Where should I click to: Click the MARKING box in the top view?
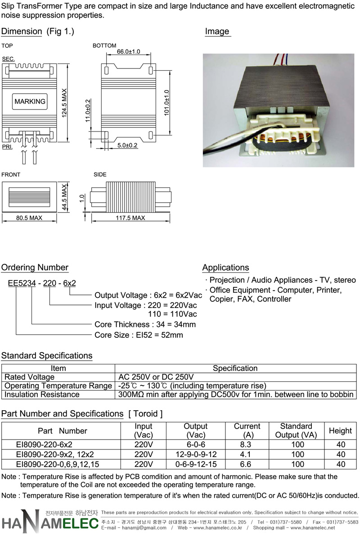tap(30, 101)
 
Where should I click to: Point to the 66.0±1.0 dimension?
tap(129, 51)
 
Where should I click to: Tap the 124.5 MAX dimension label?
tap(64, 103)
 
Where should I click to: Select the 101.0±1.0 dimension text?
tap(166, 103)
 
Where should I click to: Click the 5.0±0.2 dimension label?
tap(127, 145)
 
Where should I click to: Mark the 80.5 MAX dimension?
tap(29, 218)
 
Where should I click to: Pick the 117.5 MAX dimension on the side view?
tap(130, 218)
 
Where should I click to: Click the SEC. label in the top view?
tap(8, 59)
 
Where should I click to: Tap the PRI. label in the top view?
tap(7, 147)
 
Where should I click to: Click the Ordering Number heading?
tap(35, 267)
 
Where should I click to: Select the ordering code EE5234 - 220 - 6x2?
tap(42, 283)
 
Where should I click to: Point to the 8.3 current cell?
tap(245, 444)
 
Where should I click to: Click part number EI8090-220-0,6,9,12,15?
tap(58, 464)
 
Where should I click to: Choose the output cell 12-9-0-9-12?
tap(196, 454)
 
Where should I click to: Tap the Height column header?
tap(340, 431)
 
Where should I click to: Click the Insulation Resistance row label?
tap(42, 394)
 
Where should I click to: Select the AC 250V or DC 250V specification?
tap(156, 377)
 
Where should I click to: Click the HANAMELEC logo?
tap(50, 521)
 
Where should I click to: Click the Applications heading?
tap(226, 267)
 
